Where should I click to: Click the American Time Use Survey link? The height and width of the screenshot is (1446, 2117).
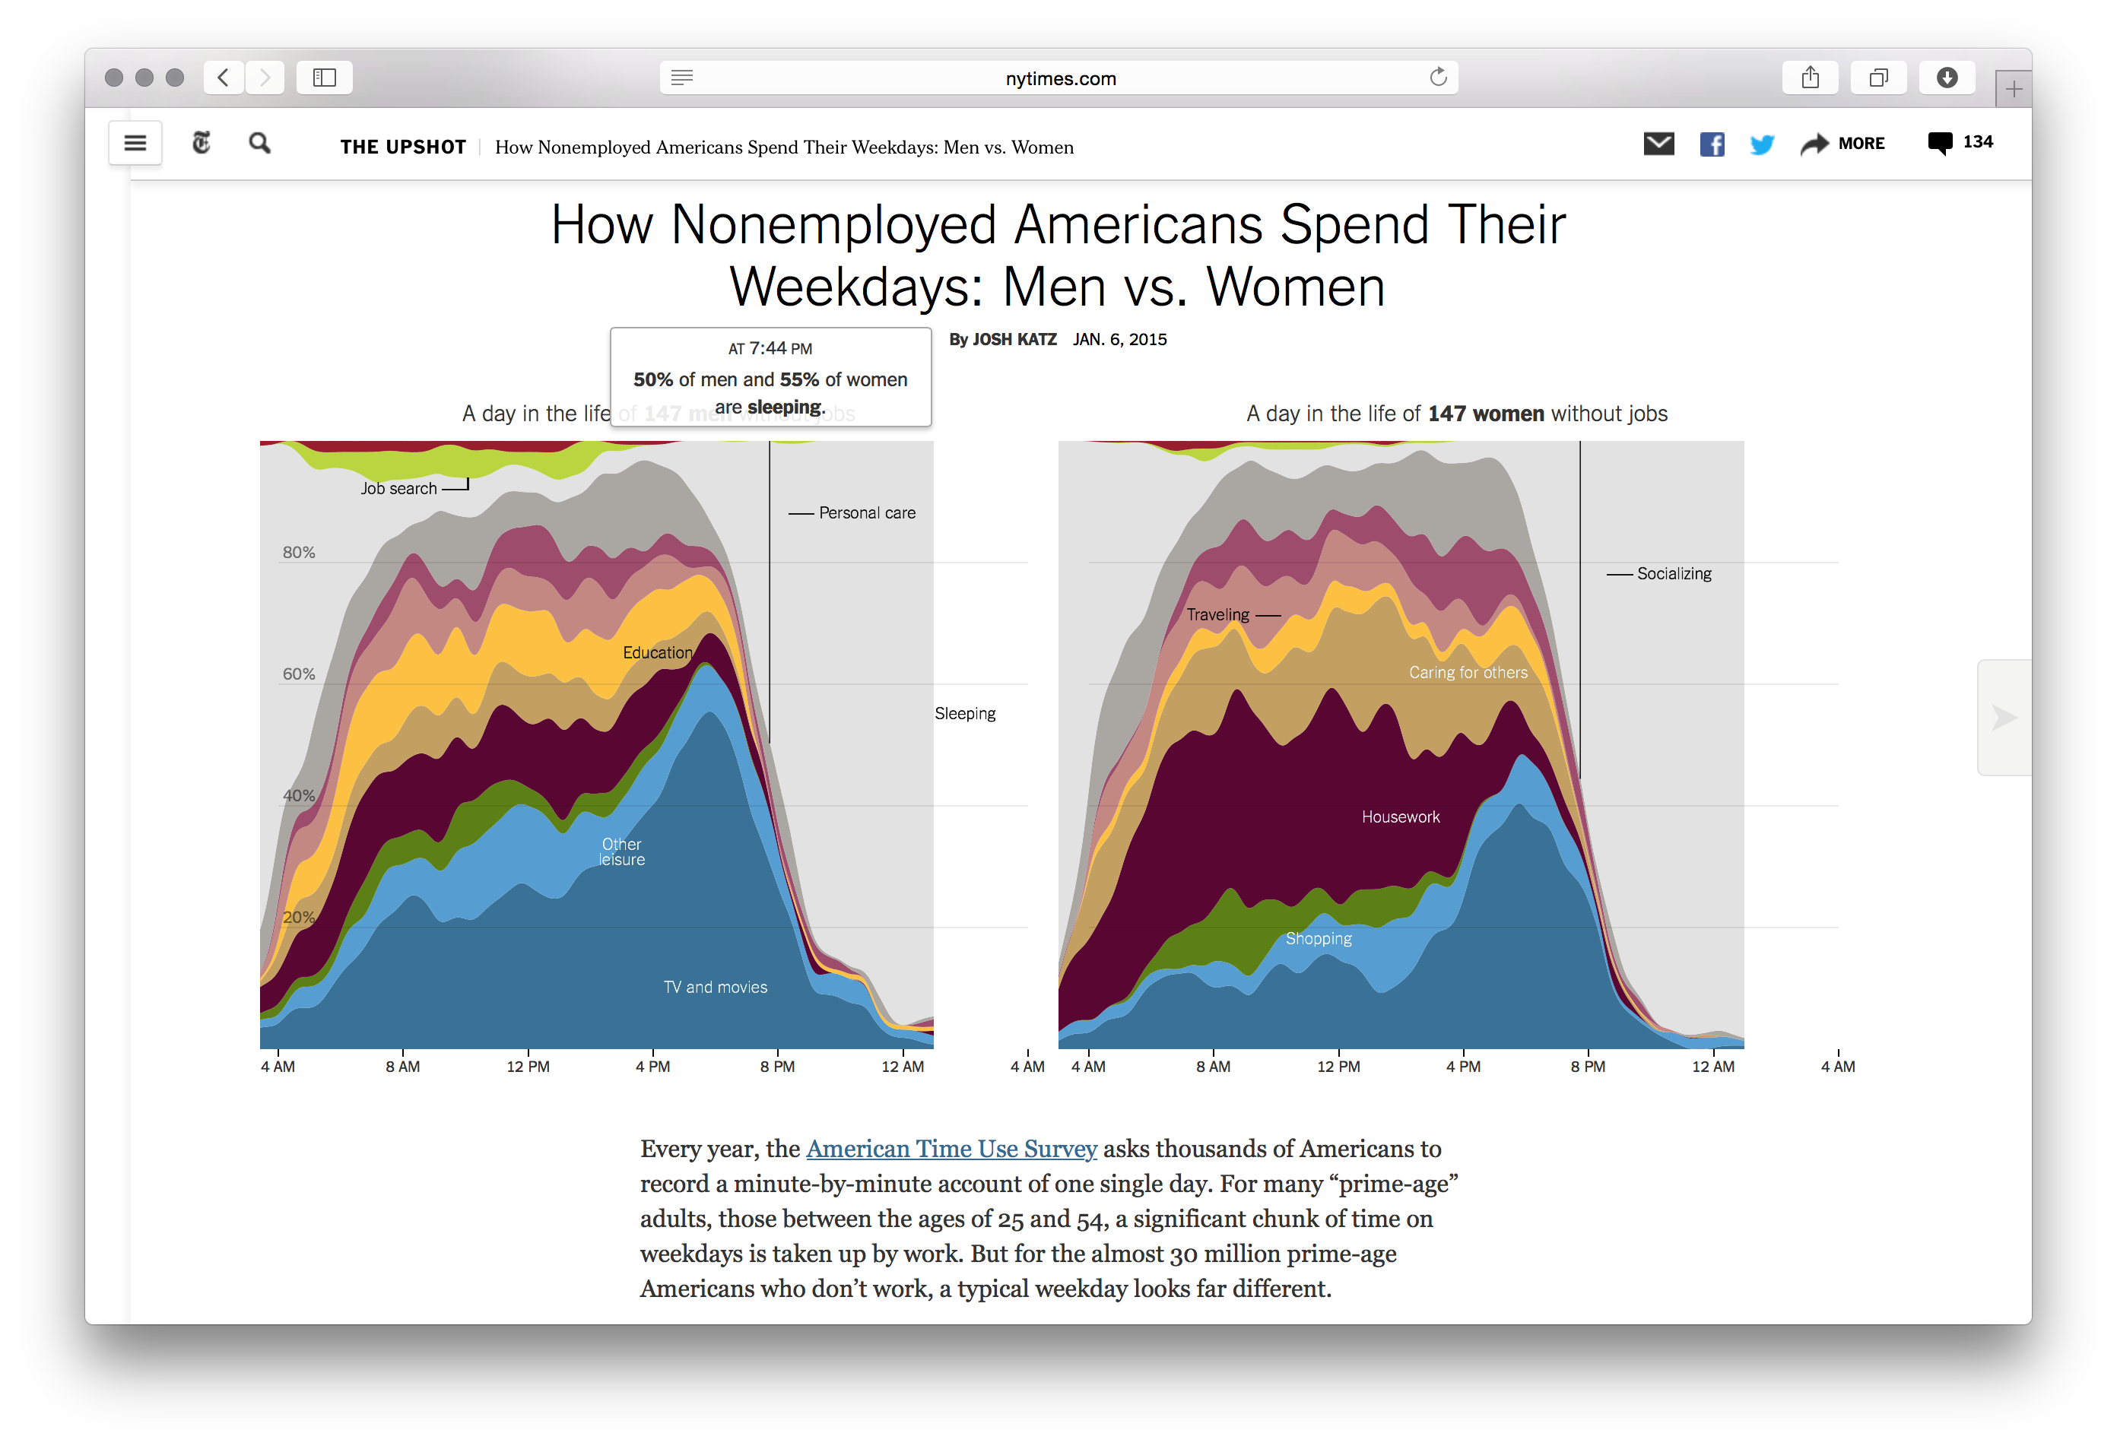tap(951, 1150)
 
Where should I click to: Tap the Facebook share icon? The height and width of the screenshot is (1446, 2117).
tap(1712, 144)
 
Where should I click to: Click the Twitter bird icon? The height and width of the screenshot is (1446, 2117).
tap(1762, 144)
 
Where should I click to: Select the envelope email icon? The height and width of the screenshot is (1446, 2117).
tap(1658, 144)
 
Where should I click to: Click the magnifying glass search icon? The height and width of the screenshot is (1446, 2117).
tap(259, 143)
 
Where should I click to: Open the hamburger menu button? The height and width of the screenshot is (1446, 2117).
tap(135, 143)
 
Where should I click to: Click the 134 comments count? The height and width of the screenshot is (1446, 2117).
tap(1978, 142)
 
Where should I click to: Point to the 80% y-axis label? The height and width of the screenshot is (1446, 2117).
tap(299, 553)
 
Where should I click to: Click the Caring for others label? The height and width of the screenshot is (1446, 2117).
tap(1468, 673)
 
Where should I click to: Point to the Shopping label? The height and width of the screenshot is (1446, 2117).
tap(1318, 939)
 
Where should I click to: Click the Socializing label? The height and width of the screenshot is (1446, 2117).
tap(1674, 574)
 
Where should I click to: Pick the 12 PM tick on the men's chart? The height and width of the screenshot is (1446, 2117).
tap(528, 1067)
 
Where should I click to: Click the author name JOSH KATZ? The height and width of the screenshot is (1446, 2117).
tap(1014, 340)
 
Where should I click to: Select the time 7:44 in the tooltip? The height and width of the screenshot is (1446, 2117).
tap(768, 349)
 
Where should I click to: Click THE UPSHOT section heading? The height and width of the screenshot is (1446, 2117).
tap(402, 147)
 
